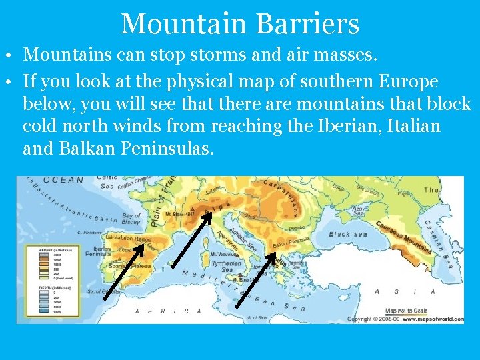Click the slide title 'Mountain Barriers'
[x=240, y=24]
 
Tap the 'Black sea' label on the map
[x=349, y=235]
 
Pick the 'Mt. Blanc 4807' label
[x=179, y=214]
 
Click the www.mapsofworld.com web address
[x=437, y=319]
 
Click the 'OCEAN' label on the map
[x=64, y=180]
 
